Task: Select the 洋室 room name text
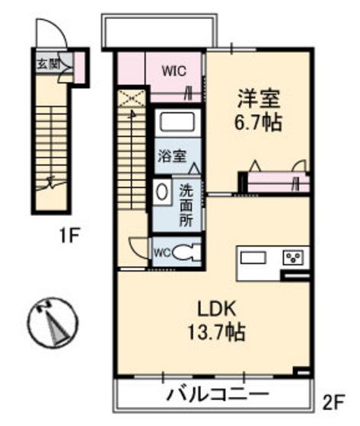[x=259, y=99]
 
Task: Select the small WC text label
[x=162, y=252]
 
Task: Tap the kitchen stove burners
[x=294, y=257]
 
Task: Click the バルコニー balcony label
[x=217, y=395]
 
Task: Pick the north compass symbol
[x=53, y=320]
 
